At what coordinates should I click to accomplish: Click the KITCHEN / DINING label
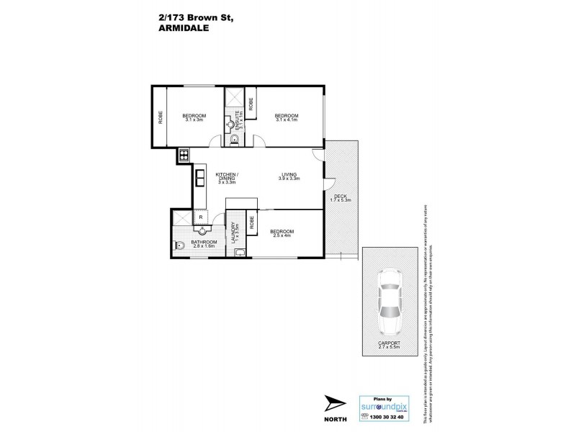228,179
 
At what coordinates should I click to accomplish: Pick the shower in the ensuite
235,99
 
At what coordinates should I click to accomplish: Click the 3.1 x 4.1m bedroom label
287,118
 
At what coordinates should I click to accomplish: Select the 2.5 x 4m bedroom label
282,233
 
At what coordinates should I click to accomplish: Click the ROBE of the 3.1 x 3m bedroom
159,117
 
